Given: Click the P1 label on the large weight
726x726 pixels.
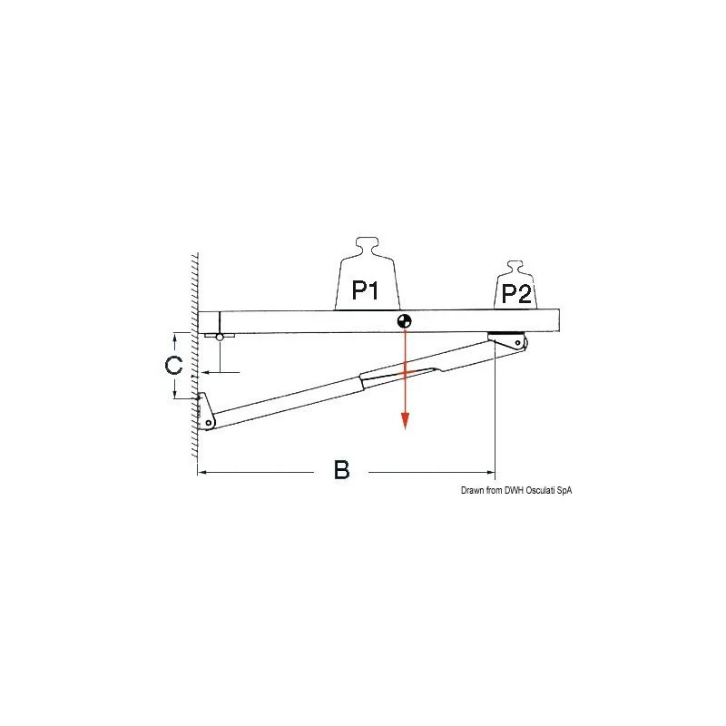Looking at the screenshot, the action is point(366,290).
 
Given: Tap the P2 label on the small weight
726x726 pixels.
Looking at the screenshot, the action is point(516,293).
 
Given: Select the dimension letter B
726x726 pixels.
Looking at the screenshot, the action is point(342,470).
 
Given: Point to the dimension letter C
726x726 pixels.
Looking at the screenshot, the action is point(173,365).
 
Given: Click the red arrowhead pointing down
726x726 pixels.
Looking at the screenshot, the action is point(405,420).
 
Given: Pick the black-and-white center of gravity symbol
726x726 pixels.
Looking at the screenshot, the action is point(404,321).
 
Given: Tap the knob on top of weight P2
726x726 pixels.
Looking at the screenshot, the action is point(515,267).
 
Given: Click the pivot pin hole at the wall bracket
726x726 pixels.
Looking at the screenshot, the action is point(209,423).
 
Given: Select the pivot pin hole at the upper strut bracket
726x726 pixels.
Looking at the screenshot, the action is point(517,343).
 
